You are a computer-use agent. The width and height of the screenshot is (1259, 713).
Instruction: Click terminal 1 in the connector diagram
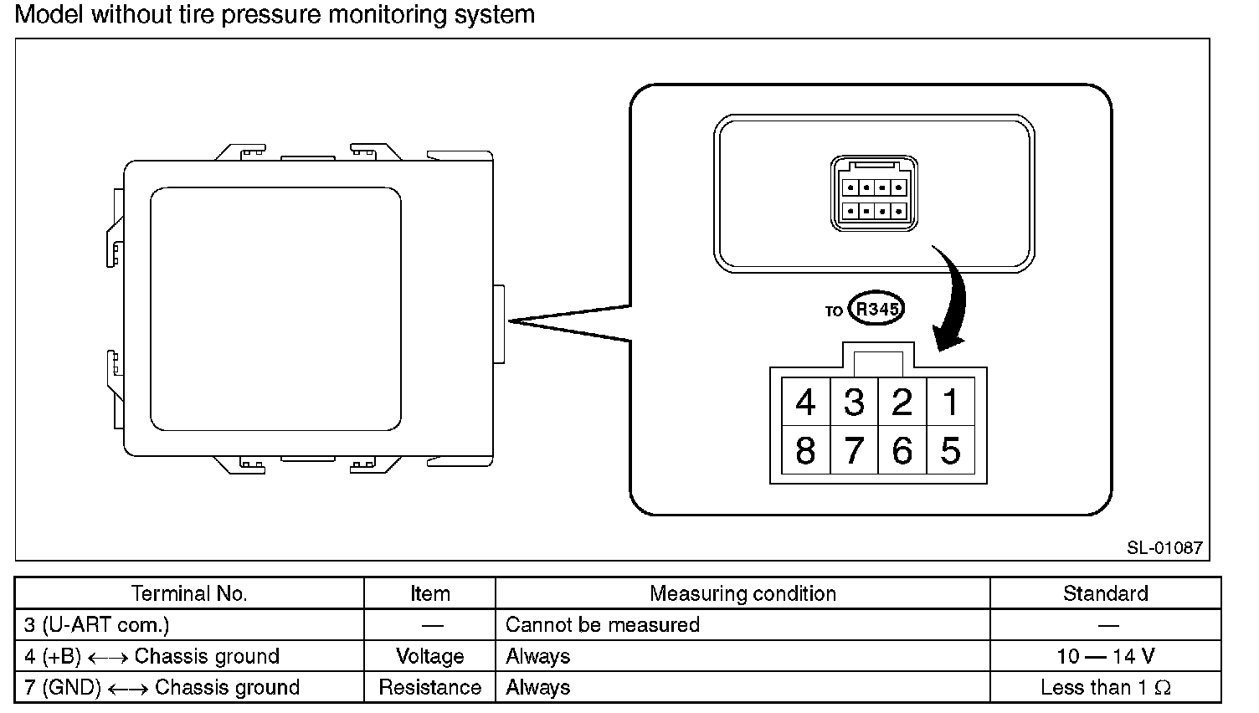pyautogui.click(x=951, y=403)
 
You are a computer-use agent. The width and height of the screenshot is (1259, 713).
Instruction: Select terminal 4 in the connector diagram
pyautogui.click(x=805, y=403)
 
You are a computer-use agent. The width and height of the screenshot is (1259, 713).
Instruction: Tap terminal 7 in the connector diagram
pyautogui.click(x=854, y=451)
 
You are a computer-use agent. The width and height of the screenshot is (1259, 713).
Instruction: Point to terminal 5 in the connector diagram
pyautogui.click(x=951, y=451)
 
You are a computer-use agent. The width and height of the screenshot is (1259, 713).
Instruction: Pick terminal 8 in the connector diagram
pyautogui.click(x=805, y=451)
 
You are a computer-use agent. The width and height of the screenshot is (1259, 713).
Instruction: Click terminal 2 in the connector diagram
pyautogui.click(x=902, y=403)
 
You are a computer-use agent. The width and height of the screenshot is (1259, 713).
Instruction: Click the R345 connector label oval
pyautogui.click(x=876, y=309)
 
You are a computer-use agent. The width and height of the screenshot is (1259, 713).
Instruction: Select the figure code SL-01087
pyautogui.click(x=1164, y=548)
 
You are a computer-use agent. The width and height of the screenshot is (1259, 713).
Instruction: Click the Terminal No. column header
pyautogui.click(x=189, y=593)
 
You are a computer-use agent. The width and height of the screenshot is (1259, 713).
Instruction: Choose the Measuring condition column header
pyautogui.click(x=743, y=593)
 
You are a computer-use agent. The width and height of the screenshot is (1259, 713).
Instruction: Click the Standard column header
pyautogui.click(x=1105, y=593)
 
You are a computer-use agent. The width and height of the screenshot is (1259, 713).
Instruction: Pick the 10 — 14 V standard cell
pyautogui.click(x=1105, y=656)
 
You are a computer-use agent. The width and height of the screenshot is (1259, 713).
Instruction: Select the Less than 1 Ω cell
pyautogui.click(x=1105, y=687)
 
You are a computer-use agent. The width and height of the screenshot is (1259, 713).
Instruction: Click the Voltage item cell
pyautogui.click(x=429, y=656)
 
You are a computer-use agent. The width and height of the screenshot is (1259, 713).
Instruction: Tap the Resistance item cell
pyautogui.click(x=429, y=687)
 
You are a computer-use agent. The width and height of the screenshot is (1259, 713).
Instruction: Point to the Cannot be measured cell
pyautogui.click(x=603, y=624)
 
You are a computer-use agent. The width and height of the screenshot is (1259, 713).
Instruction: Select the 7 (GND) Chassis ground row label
pyautogui.click(x=162, y=687)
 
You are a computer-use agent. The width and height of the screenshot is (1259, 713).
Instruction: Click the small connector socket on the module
pyautogui.click(x=874, y=194)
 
